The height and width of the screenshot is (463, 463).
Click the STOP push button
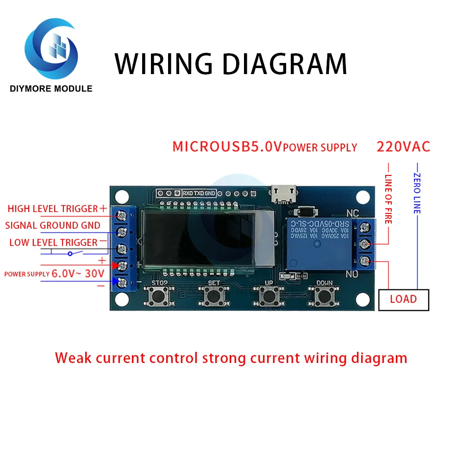click(x=159, y=295)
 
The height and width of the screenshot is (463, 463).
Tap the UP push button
click(x=268, y=295)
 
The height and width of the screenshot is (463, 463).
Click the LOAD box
click(x=403, y=299)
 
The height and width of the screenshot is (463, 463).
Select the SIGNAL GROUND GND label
click(x=53, y=225)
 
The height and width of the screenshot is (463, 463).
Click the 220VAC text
click(x=403, y=147)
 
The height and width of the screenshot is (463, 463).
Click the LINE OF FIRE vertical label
click(x=388, y=199)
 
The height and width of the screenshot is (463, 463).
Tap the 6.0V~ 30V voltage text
click(x=78, y=273)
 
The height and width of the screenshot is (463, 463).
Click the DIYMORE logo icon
click(x=51, y=50)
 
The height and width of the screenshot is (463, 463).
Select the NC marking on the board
click(x=353, y=214)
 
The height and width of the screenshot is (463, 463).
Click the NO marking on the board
click(x=353, y=274)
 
